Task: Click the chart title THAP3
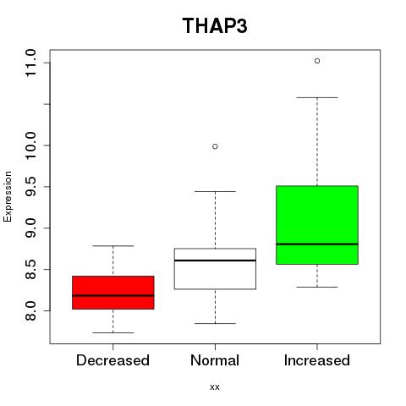point(215,26)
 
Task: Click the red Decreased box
point(113,293)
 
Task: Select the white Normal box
point(215,269)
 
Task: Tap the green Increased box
point(317,225)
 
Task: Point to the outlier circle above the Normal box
point(215,146)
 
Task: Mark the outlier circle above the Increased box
point(317,61)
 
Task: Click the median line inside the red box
point(113,295)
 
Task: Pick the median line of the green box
point(317,244)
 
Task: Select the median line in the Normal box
point(215,261)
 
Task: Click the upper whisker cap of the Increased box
point(317,97)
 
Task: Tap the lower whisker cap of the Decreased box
point(113,332)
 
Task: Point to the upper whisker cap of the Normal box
point(215,191)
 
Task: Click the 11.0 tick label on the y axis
point(30,63)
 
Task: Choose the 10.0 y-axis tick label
point(30,145)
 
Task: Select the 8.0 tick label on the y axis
point(30,310)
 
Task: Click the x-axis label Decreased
point(112,360)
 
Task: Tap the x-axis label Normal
point(215,360)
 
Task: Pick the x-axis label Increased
point(317,360)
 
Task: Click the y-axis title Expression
point(8,196)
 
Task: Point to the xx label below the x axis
point(215,387)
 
